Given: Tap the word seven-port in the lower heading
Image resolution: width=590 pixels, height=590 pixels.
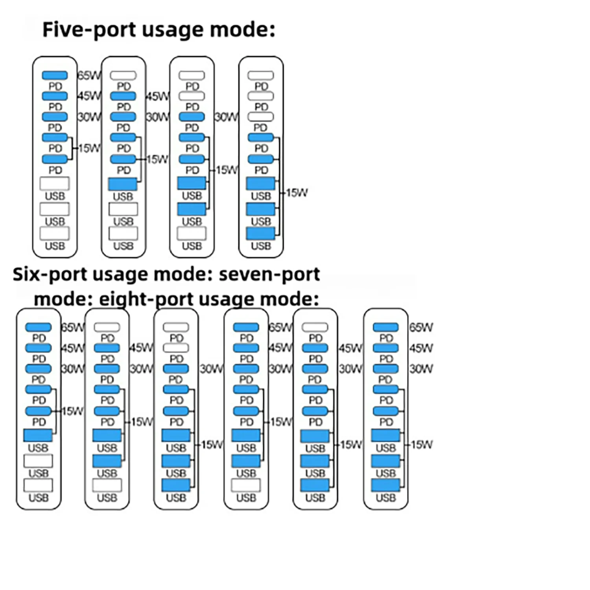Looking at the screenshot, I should click(269, 274).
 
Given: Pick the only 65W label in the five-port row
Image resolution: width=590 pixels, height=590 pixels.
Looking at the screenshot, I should click(89, 75).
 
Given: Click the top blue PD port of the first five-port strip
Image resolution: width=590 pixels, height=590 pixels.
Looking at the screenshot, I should click(55, 75).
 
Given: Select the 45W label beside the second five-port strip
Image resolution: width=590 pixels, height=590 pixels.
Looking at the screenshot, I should click(157, 96).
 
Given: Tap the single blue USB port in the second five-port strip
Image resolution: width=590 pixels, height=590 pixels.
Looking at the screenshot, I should click(123, 184).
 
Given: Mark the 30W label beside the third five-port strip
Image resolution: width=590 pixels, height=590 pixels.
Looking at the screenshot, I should click(226, 117).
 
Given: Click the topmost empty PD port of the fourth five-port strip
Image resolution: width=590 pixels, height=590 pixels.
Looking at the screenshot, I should click(261, 75).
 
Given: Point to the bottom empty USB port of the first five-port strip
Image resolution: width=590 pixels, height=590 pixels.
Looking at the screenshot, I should click(55, 233).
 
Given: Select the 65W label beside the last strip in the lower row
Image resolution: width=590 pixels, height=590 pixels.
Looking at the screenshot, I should click(421, 327).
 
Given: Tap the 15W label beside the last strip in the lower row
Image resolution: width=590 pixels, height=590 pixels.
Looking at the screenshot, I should click(422, 444).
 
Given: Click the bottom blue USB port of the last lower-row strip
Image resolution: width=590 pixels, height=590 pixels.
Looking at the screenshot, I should click(385, 485).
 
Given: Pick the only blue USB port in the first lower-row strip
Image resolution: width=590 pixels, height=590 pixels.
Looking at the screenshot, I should click(38, 435).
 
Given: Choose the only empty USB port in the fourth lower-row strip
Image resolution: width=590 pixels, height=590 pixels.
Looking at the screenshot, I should click(246, 485).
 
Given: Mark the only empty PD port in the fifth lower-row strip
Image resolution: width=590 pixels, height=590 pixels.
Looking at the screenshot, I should click(315, 327).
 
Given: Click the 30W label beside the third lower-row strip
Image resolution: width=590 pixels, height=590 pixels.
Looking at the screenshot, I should click(211, 369).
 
